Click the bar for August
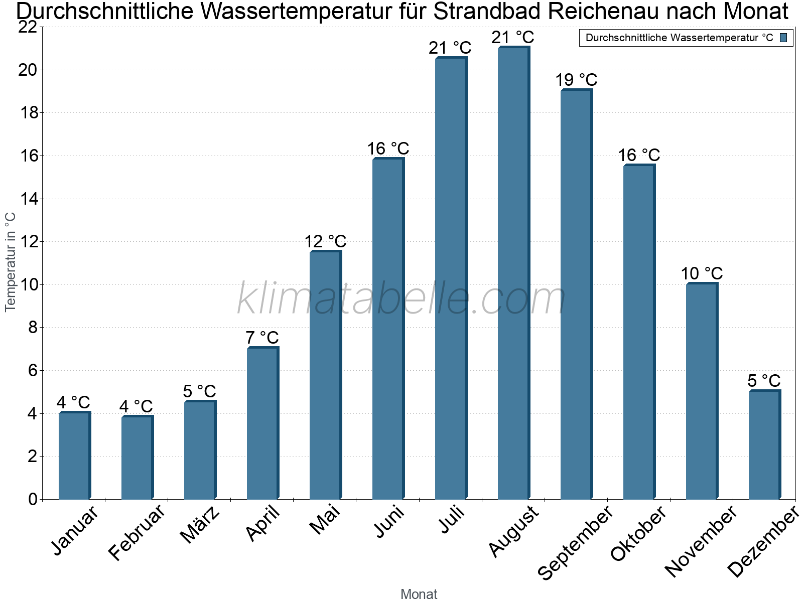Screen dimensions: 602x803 pyautogui.click(x=513, y=273)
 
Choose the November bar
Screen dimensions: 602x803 pyautogui.click(x=702, y=391)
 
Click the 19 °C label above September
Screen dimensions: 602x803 pyautogui.click(x=576, y=80)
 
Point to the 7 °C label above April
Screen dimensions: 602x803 pyautogui.click(x=262, y=338)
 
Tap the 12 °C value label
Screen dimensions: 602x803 pyautogui.click(x=325, y=241)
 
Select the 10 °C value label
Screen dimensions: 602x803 pyautogui.click(x=702, y=273)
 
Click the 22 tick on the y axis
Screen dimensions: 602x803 pyautogui.click(x=28, y=27)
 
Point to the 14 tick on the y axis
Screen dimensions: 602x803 pyautogui.click(x=28, y=199)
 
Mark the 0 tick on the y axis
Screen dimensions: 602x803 pyautogui.click(x=33, y=499)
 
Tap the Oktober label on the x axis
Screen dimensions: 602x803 pyautogui.click(x=638, y=533)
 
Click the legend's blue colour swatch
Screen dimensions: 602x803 pyautogui.click(x=784, y=38)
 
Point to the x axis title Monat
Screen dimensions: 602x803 pyautogui.click(x=419, y=594)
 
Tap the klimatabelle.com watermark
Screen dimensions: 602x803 pyautogui.click(x=401, y=299)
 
